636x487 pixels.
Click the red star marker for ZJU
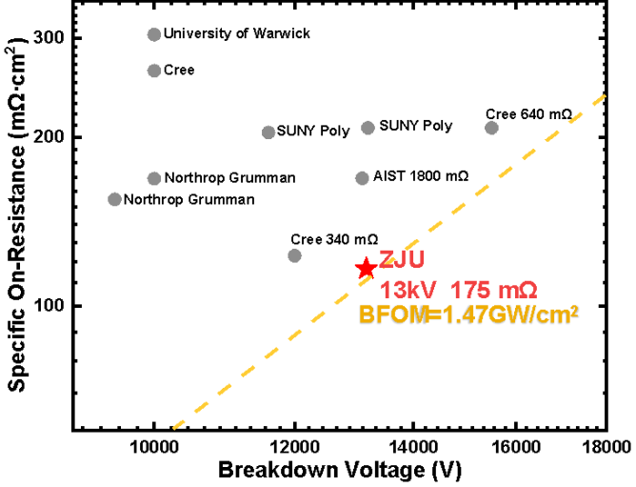tap(366, 269)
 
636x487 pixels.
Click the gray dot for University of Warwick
tap(154, 34)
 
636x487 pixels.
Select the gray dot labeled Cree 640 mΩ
tap(491, 128)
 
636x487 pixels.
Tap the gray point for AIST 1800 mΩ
tap(362, 178)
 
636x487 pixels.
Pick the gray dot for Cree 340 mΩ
tap(294, 255)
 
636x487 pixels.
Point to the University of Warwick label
tap(237, 34)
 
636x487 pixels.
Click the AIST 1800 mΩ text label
tap(421, 177)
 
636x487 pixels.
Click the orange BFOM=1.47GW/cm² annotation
tap(468, 315)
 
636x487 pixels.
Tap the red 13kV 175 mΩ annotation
tap(460, 289)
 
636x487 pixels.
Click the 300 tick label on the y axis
tap(50, 37)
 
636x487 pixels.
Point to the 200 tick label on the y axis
tap(50, 137)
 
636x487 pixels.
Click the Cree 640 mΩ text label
tap(528, 114)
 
